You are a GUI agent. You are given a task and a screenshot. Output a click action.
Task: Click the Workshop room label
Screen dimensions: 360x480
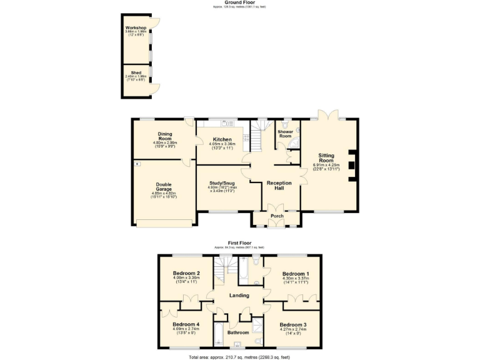coord(136,28)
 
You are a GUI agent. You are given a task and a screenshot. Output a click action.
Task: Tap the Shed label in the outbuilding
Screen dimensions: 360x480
coord(136,72)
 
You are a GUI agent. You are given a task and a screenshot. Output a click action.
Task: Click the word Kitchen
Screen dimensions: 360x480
coord(222,139)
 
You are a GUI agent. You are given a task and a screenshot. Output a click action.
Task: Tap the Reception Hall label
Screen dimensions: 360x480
coord(279,186)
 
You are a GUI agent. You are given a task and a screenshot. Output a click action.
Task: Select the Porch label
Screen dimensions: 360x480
coord(276,216)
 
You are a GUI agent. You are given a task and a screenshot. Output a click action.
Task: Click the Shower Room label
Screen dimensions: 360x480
coord(285,134)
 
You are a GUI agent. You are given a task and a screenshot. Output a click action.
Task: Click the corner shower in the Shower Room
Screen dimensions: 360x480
coord(292,146)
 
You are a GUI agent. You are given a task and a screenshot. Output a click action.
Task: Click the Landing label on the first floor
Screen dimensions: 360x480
coord(239,296)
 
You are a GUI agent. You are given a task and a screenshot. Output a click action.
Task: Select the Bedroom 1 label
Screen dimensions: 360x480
coord(296,274)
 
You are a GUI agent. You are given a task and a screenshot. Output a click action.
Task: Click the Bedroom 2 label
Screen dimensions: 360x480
coord(186,274)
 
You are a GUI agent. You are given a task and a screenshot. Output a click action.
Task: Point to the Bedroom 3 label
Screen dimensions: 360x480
coord(292,325)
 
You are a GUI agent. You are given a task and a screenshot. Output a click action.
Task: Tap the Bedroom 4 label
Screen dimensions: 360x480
coord(186,325)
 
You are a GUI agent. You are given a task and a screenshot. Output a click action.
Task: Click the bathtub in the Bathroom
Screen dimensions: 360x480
coord(220,332)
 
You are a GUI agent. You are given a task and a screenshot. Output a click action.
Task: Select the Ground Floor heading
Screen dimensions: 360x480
coord(241,2)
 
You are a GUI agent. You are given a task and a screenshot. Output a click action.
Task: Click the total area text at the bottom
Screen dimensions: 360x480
coord(240,356)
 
